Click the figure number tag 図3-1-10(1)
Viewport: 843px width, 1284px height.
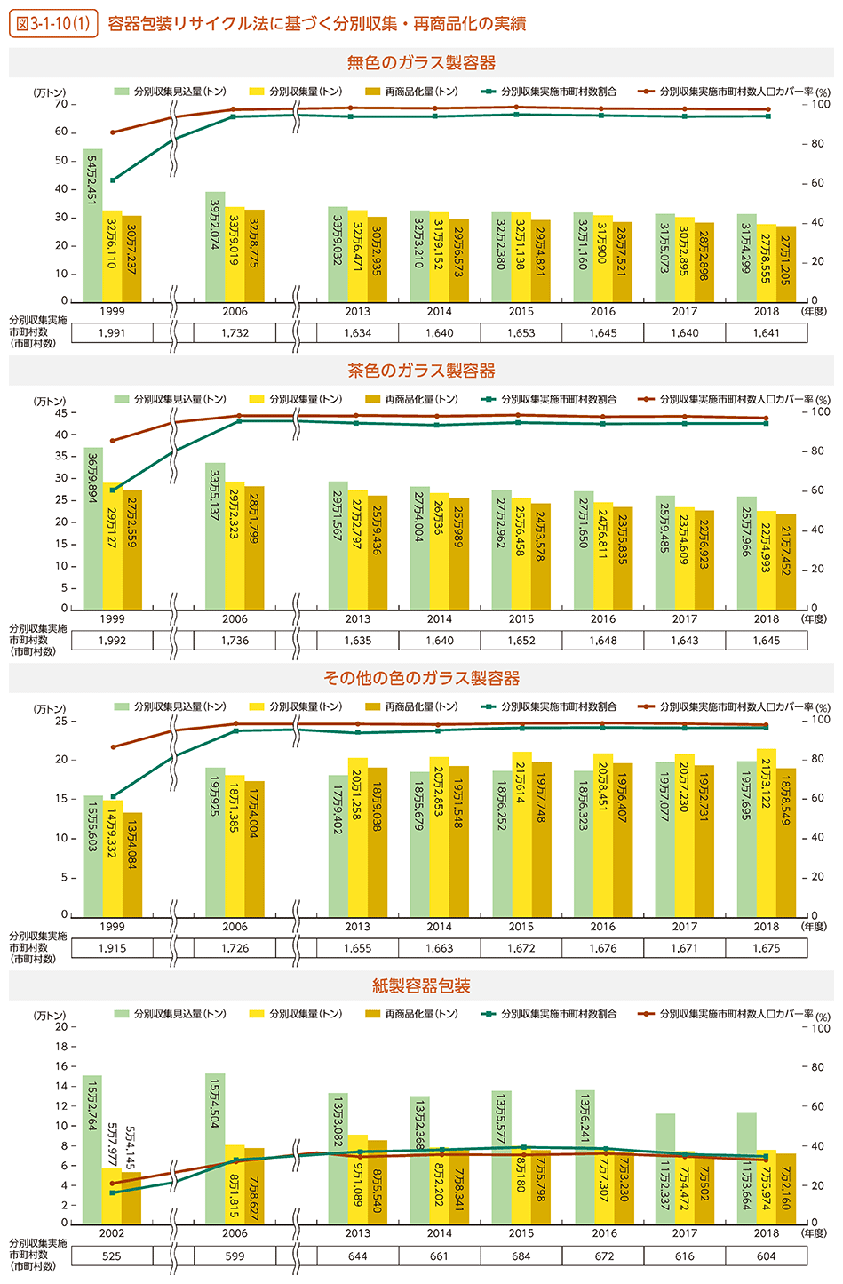tap(52, 23)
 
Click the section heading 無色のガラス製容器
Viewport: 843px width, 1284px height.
tap(421, 63)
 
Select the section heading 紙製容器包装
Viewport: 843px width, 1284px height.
tap(421, 986)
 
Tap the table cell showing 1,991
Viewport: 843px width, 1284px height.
tap(112, 333)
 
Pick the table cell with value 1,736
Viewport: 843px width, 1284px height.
tap(235, 641)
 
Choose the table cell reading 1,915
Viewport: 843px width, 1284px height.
tap(112, 948)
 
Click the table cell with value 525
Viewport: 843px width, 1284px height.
tap(112, 1256)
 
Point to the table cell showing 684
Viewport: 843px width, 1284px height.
tap(521, 1256)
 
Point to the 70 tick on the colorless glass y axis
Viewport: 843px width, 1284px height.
tap(61, 104)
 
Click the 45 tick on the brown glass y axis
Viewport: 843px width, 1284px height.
tap(61, 412)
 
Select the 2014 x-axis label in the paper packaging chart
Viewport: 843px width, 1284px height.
tap(439, 1233)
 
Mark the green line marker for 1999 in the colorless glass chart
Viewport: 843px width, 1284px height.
tap(113, 180)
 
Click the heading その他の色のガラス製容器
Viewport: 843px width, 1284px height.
tap(421, 679)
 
